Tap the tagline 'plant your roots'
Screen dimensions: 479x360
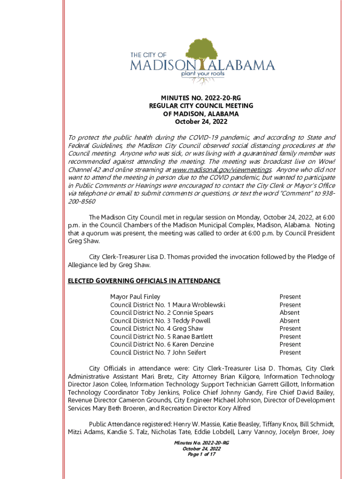point(202,74)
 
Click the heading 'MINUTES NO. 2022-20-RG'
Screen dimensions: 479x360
point(201,98)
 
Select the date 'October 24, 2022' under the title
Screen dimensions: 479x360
point(201,122)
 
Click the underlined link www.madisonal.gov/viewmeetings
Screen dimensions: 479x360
point(222,169)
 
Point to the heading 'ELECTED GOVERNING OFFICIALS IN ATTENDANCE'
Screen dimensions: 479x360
point(144,281)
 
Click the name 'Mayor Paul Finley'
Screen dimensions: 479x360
point(135,297)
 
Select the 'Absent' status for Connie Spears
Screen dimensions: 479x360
point(289,313)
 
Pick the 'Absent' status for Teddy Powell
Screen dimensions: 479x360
point(289,321)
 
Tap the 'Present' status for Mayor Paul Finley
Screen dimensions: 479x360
point(290,297)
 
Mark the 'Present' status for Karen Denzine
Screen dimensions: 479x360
point(290,345)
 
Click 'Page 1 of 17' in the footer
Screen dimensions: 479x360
point(201,454)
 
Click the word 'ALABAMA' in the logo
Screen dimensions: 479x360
point(245,65)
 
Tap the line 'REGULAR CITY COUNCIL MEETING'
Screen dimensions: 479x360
point(201,106)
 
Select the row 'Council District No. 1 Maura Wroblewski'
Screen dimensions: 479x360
point(168,305)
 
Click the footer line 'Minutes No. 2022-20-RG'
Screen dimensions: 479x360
point(201,443)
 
